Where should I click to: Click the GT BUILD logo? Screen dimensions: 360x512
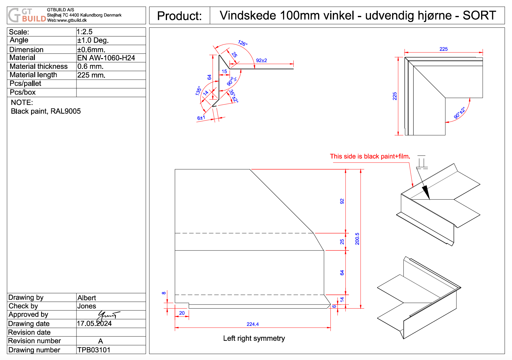(27, 15)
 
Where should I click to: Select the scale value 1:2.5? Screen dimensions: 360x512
(84, 32)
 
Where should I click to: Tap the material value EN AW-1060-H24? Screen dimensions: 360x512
(106, 58)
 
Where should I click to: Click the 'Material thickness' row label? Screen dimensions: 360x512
(39, 66)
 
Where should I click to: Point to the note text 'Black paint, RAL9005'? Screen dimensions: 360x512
(46, 111)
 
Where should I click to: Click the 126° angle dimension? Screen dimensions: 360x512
(243, 43)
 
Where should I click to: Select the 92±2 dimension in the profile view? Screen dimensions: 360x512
(262, 61)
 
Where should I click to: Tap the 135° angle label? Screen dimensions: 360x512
(198, 91)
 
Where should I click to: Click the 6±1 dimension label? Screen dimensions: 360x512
(201, 118)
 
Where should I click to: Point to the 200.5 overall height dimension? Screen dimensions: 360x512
(357, 239)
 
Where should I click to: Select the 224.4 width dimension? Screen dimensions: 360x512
(253, 324)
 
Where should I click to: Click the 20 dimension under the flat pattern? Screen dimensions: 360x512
(182, 313)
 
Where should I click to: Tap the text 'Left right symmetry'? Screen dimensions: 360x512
(254, 338)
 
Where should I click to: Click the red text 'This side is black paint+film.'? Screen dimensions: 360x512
(370, 156)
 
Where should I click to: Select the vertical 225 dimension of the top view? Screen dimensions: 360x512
(395, 96)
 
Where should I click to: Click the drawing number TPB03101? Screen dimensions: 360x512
(94, 350)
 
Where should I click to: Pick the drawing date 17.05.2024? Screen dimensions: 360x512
(94, 324)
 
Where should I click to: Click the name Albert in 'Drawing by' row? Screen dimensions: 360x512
(87, 298)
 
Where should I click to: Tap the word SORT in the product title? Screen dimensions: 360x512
(479, 15)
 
